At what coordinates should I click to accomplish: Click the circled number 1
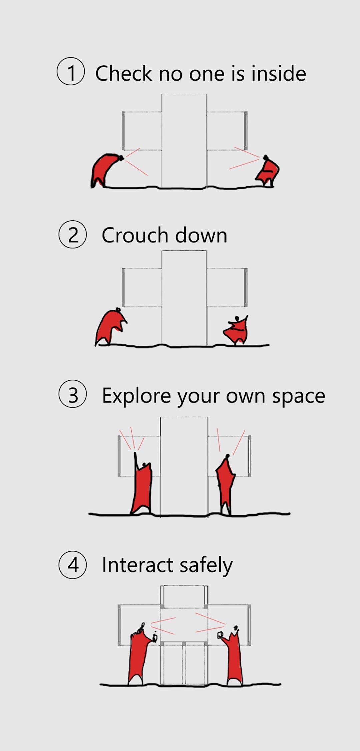tap(71, 71)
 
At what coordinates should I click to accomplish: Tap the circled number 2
tap(73, 234)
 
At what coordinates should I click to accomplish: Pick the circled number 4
tap(73, 565)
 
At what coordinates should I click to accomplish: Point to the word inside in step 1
tap(279, 73)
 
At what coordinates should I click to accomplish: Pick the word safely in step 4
tap(206, 566)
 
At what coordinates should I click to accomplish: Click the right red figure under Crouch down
tap(237, 330)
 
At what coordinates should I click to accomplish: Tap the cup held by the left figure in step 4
tap(155, 637)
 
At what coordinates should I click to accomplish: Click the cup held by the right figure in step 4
tap(220, 635)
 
